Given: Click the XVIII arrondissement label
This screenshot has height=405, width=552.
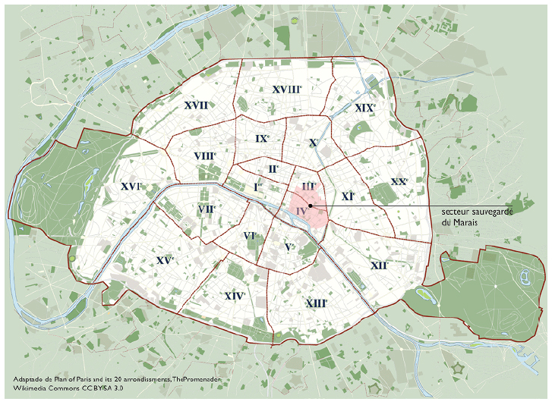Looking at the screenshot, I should [x=286, y=89].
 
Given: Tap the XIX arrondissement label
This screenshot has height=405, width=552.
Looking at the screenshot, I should [x=364, y=108].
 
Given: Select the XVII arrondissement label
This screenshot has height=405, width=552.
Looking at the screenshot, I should [x=197, y=105].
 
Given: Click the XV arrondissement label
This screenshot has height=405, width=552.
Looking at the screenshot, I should [x=165, y=260].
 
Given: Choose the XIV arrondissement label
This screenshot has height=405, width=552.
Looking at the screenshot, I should [x=235, y=295].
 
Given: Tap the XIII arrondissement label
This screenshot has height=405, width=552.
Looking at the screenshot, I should [x=316, y=303].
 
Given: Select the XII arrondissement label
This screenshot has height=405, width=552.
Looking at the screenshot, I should [x=380, y=265].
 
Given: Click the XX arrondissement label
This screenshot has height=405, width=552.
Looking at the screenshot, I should [x=399, y=182].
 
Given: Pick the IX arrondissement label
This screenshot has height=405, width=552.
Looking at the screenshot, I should [x=262, y=138].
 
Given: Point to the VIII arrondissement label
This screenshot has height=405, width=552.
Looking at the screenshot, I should [x=204, y=156].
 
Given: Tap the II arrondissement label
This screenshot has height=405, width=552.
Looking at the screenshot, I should [x=273, y=168].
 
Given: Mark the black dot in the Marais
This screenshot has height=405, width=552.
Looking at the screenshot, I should [x=311, y=206].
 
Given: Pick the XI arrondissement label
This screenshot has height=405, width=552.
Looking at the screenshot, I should [x=348, y=196].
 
